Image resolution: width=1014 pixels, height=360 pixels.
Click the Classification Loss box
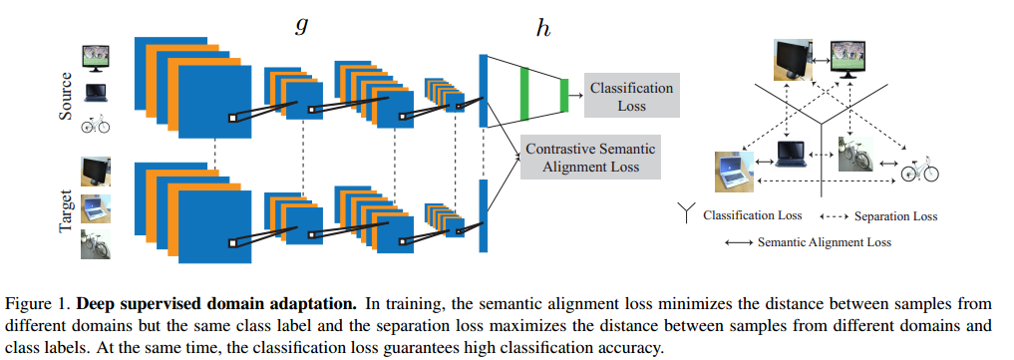point(631,97)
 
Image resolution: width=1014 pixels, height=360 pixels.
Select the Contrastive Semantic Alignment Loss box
point(590,158)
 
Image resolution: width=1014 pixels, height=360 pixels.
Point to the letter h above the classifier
point(542,29)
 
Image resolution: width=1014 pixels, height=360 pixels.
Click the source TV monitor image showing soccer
point(96,58)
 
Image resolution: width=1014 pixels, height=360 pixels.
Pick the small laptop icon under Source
point(96,95)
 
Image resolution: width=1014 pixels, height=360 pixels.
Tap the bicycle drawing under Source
point(96,126)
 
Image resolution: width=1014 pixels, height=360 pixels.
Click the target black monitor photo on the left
point(96,172)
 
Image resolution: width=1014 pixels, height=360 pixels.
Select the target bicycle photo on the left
point(96,244)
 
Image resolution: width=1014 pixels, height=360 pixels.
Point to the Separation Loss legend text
point(895,215)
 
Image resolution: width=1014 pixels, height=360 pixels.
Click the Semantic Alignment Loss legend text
point(824,241)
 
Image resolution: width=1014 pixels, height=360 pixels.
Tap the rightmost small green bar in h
point(563,95)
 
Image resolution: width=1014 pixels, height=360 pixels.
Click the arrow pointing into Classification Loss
point(576,95)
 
